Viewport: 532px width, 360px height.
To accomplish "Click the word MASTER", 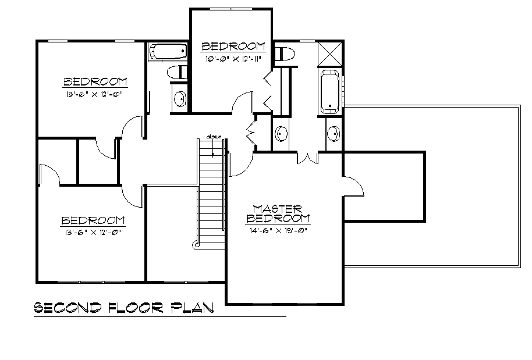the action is pyautogui.click(x=277, y=209).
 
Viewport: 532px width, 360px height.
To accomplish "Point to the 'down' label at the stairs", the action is pyautogui.click(x=214, y=137).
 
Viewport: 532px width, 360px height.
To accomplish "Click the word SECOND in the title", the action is pyautogui.click(x=68, y=308).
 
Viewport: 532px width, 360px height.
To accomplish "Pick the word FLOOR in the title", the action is pyautogui.click(x=136, y=308).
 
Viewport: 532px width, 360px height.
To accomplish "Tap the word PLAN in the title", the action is pyautogui.click(x=192, y=308).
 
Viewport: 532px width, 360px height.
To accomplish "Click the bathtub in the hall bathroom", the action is pyautogui.click(x=168, y=52).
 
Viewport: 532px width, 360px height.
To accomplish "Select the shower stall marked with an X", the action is pyautogui.click(x=330, y=54).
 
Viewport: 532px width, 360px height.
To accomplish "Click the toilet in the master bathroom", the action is pyautogui.click(x=284, y=54).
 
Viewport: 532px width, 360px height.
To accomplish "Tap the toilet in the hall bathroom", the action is pyautogui.click(x=177, y=72).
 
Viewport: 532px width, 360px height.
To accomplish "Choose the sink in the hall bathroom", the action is pyautogui.click(x=180, y=99).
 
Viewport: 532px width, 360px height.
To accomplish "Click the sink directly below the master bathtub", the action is pyautogui.click(x=334, y=134).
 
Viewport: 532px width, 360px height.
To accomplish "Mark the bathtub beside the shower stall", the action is pyautogui.click(x=330, y=91).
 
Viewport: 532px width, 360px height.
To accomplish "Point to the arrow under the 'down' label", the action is pyautogui.click(x=213, y=148).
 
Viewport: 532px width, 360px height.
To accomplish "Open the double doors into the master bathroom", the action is pyautogui.click(x=308, y=158).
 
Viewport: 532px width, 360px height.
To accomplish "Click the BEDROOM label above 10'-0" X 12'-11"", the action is pyautogui.click(x=233, y=46).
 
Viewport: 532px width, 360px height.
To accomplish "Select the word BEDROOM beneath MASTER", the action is pyautogui.click(x=278, y=218).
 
